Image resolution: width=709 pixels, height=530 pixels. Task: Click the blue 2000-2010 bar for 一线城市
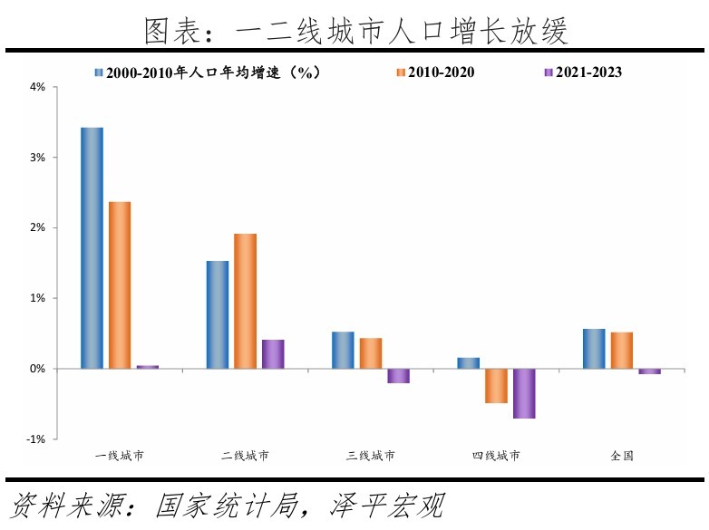[92, 247]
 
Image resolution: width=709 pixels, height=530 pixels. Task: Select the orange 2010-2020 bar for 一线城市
[120, 284]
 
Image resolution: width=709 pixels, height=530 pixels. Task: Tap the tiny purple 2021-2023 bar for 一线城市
[148, 367]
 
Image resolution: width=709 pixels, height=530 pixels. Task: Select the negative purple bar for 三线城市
[399, 376]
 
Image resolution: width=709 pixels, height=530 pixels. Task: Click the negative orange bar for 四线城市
[496, 386]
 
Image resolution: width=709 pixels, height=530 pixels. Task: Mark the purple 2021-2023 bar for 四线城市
[524, 393]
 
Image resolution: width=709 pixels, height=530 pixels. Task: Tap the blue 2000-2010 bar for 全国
[594, 349]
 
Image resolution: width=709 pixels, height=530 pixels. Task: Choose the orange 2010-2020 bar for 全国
[622, 350]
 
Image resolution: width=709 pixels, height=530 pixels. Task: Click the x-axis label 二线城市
[245, 456]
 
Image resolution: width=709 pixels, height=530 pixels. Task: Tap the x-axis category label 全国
[622, 456]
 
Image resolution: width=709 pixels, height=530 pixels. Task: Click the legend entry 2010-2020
[442, 72]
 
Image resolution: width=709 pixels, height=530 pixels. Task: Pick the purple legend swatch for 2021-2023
[548, 72]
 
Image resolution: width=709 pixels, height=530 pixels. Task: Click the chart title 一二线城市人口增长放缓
[355, 31]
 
